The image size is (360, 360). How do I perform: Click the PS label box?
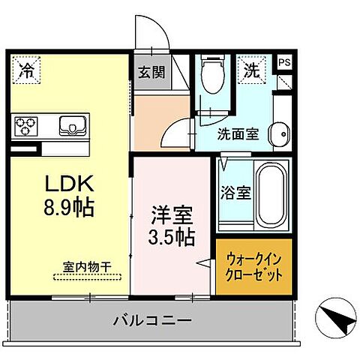(x=285, y=62)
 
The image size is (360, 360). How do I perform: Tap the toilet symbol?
(x=213, y=74)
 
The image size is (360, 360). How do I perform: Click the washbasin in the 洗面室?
(x=279, y=133)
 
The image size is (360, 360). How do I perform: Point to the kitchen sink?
(x=73, y=126)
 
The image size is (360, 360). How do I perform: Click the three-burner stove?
(x=25, y=127)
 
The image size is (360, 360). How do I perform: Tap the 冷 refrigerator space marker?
(x=26, y=70)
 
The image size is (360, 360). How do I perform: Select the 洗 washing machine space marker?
(x=251, y=70)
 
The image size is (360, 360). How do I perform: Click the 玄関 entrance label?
(x=151, y=73)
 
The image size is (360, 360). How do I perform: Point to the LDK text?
(x=69, y=184)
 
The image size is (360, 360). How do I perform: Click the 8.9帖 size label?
(x=69, y=208)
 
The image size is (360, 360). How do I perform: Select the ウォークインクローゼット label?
(x=253, y=268)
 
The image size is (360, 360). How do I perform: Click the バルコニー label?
(x=152, y=320)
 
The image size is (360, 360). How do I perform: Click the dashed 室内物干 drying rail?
(x=88, y=277)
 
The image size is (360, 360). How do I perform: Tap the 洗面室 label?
(x=238, y=134)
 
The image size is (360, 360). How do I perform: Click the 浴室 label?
(x=235, y=193)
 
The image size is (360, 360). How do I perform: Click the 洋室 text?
(x=172, y=214)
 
